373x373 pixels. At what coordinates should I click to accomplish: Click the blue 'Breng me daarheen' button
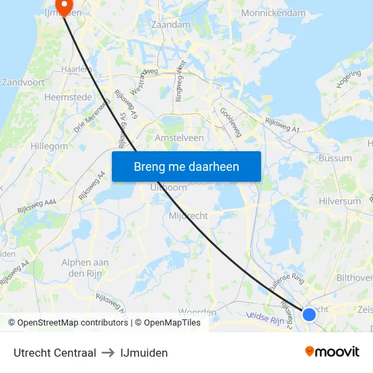[186, 166]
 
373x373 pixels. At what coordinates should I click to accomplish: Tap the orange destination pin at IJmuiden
[65, 7]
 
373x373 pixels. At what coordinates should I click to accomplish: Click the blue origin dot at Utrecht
[309, 314]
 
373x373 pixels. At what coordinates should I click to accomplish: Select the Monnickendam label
[273, 13]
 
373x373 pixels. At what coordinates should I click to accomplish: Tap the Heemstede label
[67, 97]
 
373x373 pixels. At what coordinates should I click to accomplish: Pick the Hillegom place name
[50, 146]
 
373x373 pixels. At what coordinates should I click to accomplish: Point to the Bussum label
[335, 158]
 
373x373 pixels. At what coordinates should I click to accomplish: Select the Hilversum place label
[339, 201]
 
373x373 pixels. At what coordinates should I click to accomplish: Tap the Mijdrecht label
[187, 216]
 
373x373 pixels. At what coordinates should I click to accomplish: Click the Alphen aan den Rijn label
[85, 268]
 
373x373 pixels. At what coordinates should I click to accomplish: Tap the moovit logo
[332, 351]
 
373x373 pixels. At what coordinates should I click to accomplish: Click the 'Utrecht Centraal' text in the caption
[55, 353]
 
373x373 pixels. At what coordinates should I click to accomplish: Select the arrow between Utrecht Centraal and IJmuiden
[109, 353]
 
